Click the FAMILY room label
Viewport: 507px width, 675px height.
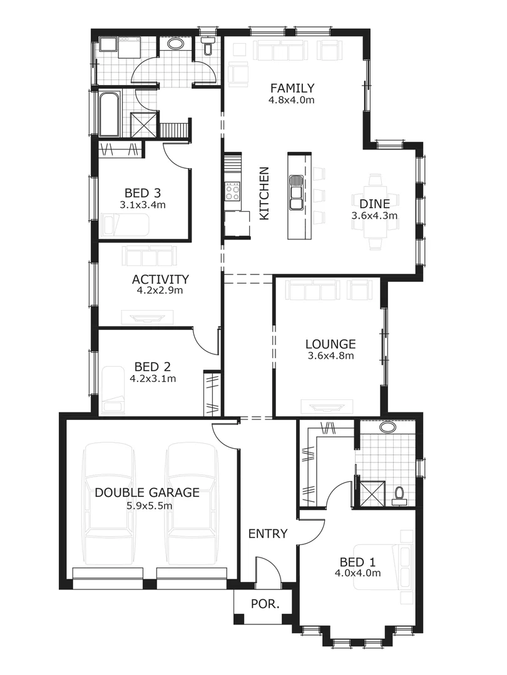coord(292,88)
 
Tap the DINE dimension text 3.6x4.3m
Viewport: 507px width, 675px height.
coord(375,216)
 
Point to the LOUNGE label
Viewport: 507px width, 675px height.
coord(330,344)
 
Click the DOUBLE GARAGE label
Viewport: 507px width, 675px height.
coord(147,492)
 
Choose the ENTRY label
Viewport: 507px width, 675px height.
coord(268,534)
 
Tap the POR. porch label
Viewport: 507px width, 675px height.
coord(264,604)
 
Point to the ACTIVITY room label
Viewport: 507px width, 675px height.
coord(160,279)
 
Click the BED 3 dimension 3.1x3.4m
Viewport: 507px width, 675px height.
coord(145,204)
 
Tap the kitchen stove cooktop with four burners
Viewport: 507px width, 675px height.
coord(232,191)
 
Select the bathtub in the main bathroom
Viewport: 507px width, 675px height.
coord(109,114)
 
